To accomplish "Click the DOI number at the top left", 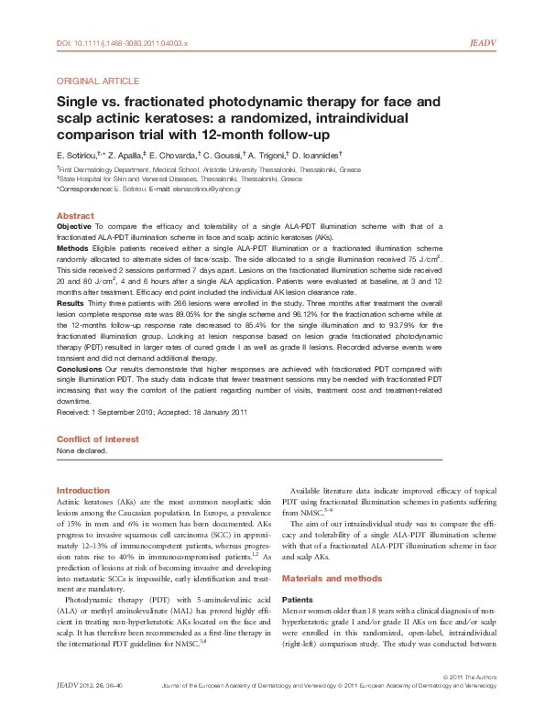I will [x=122, y=43].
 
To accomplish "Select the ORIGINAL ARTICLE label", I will [x=98, y=81].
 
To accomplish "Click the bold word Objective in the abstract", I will [x=74, y=225].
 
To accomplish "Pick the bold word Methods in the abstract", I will [x=72, y=247].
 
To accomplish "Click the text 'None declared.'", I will [x=82, y=450].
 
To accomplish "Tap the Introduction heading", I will [x=83, y=491].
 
